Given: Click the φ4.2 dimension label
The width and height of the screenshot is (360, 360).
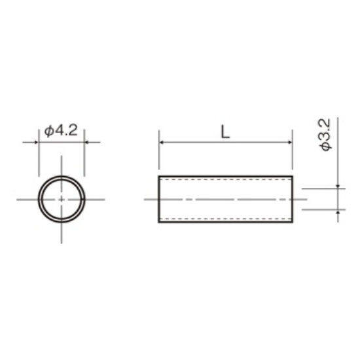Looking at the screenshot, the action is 61,131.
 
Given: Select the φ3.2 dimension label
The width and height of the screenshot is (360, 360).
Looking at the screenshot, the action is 326,135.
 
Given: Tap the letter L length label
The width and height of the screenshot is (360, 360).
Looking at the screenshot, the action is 225,132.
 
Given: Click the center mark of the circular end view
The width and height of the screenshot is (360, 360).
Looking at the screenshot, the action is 62,200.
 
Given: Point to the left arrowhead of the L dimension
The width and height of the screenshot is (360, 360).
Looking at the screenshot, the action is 162,142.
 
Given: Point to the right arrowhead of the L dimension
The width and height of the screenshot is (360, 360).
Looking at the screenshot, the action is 290,142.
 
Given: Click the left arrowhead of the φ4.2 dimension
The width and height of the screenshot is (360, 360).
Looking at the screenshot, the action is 36,142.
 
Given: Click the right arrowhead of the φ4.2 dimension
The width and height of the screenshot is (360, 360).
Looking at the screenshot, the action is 87,142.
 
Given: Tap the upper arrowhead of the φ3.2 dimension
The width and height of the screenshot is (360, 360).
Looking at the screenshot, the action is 338,186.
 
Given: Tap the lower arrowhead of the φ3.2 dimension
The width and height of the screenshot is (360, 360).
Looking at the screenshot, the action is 338,212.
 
